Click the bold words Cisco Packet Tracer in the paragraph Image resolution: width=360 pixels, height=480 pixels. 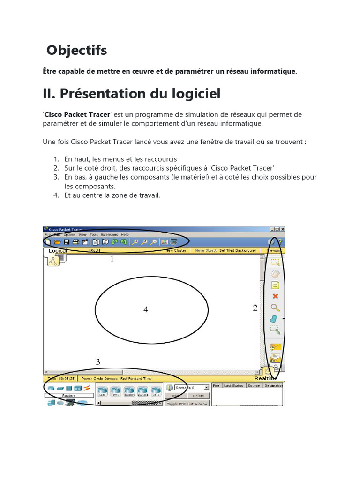point(77,115)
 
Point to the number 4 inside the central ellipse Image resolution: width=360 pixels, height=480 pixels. point(146,309)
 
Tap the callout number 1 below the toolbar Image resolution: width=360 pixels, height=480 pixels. point(112,259)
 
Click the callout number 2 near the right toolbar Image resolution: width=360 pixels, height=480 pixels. point(255,308)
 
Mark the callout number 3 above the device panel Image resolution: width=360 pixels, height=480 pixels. point(98,362)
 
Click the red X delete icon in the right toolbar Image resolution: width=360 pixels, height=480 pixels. point(275,296)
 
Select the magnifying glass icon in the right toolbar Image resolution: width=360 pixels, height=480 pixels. point(275,307)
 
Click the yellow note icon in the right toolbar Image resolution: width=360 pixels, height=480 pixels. point(275,285)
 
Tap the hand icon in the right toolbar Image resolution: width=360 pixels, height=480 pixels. point(275,273)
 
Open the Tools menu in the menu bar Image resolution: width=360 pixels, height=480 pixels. point(94,234)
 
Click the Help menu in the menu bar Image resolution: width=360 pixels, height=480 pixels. point(125,234)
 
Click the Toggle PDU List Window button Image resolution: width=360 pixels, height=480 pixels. point(187,404)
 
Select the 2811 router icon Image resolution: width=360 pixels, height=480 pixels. point(156,391)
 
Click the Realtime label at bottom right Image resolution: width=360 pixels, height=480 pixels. point(266,378)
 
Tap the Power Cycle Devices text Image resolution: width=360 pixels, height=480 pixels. point(99,378)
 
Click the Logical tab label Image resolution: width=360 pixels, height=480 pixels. point(58,251)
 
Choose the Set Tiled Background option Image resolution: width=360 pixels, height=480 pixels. point(238,250)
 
